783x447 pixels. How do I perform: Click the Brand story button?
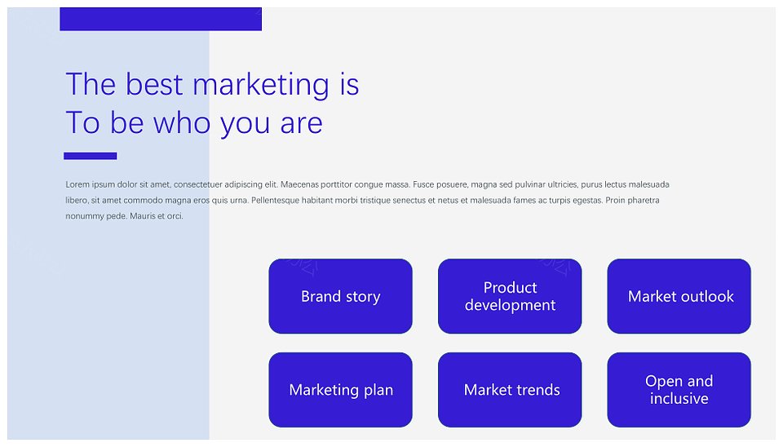point(341,296)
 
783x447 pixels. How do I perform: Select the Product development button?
point(510,296)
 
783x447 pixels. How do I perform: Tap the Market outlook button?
point(679,296)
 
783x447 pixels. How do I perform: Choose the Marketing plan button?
point(341,390)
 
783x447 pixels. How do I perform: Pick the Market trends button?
point(510,390)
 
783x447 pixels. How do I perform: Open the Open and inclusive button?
point(679,390)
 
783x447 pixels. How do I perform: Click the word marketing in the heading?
point(261,85)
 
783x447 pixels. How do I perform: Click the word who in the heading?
point(182,122)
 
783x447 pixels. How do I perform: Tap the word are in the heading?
point(301,125)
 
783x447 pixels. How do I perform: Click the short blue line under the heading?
point(91,156)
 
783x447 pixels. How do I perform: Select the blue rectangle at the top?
point(161,19)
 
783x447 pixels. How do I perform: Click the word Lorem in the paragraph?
point(77,184)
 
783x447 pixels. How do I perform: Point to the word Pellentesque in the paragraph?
point(275,201)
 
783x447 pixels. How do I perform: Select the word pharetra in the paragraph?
point(644,201)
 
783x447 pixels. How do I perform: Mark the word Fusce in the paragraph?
point(423,184)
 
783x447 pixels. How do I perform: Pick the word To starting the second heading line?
point(83,123)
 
